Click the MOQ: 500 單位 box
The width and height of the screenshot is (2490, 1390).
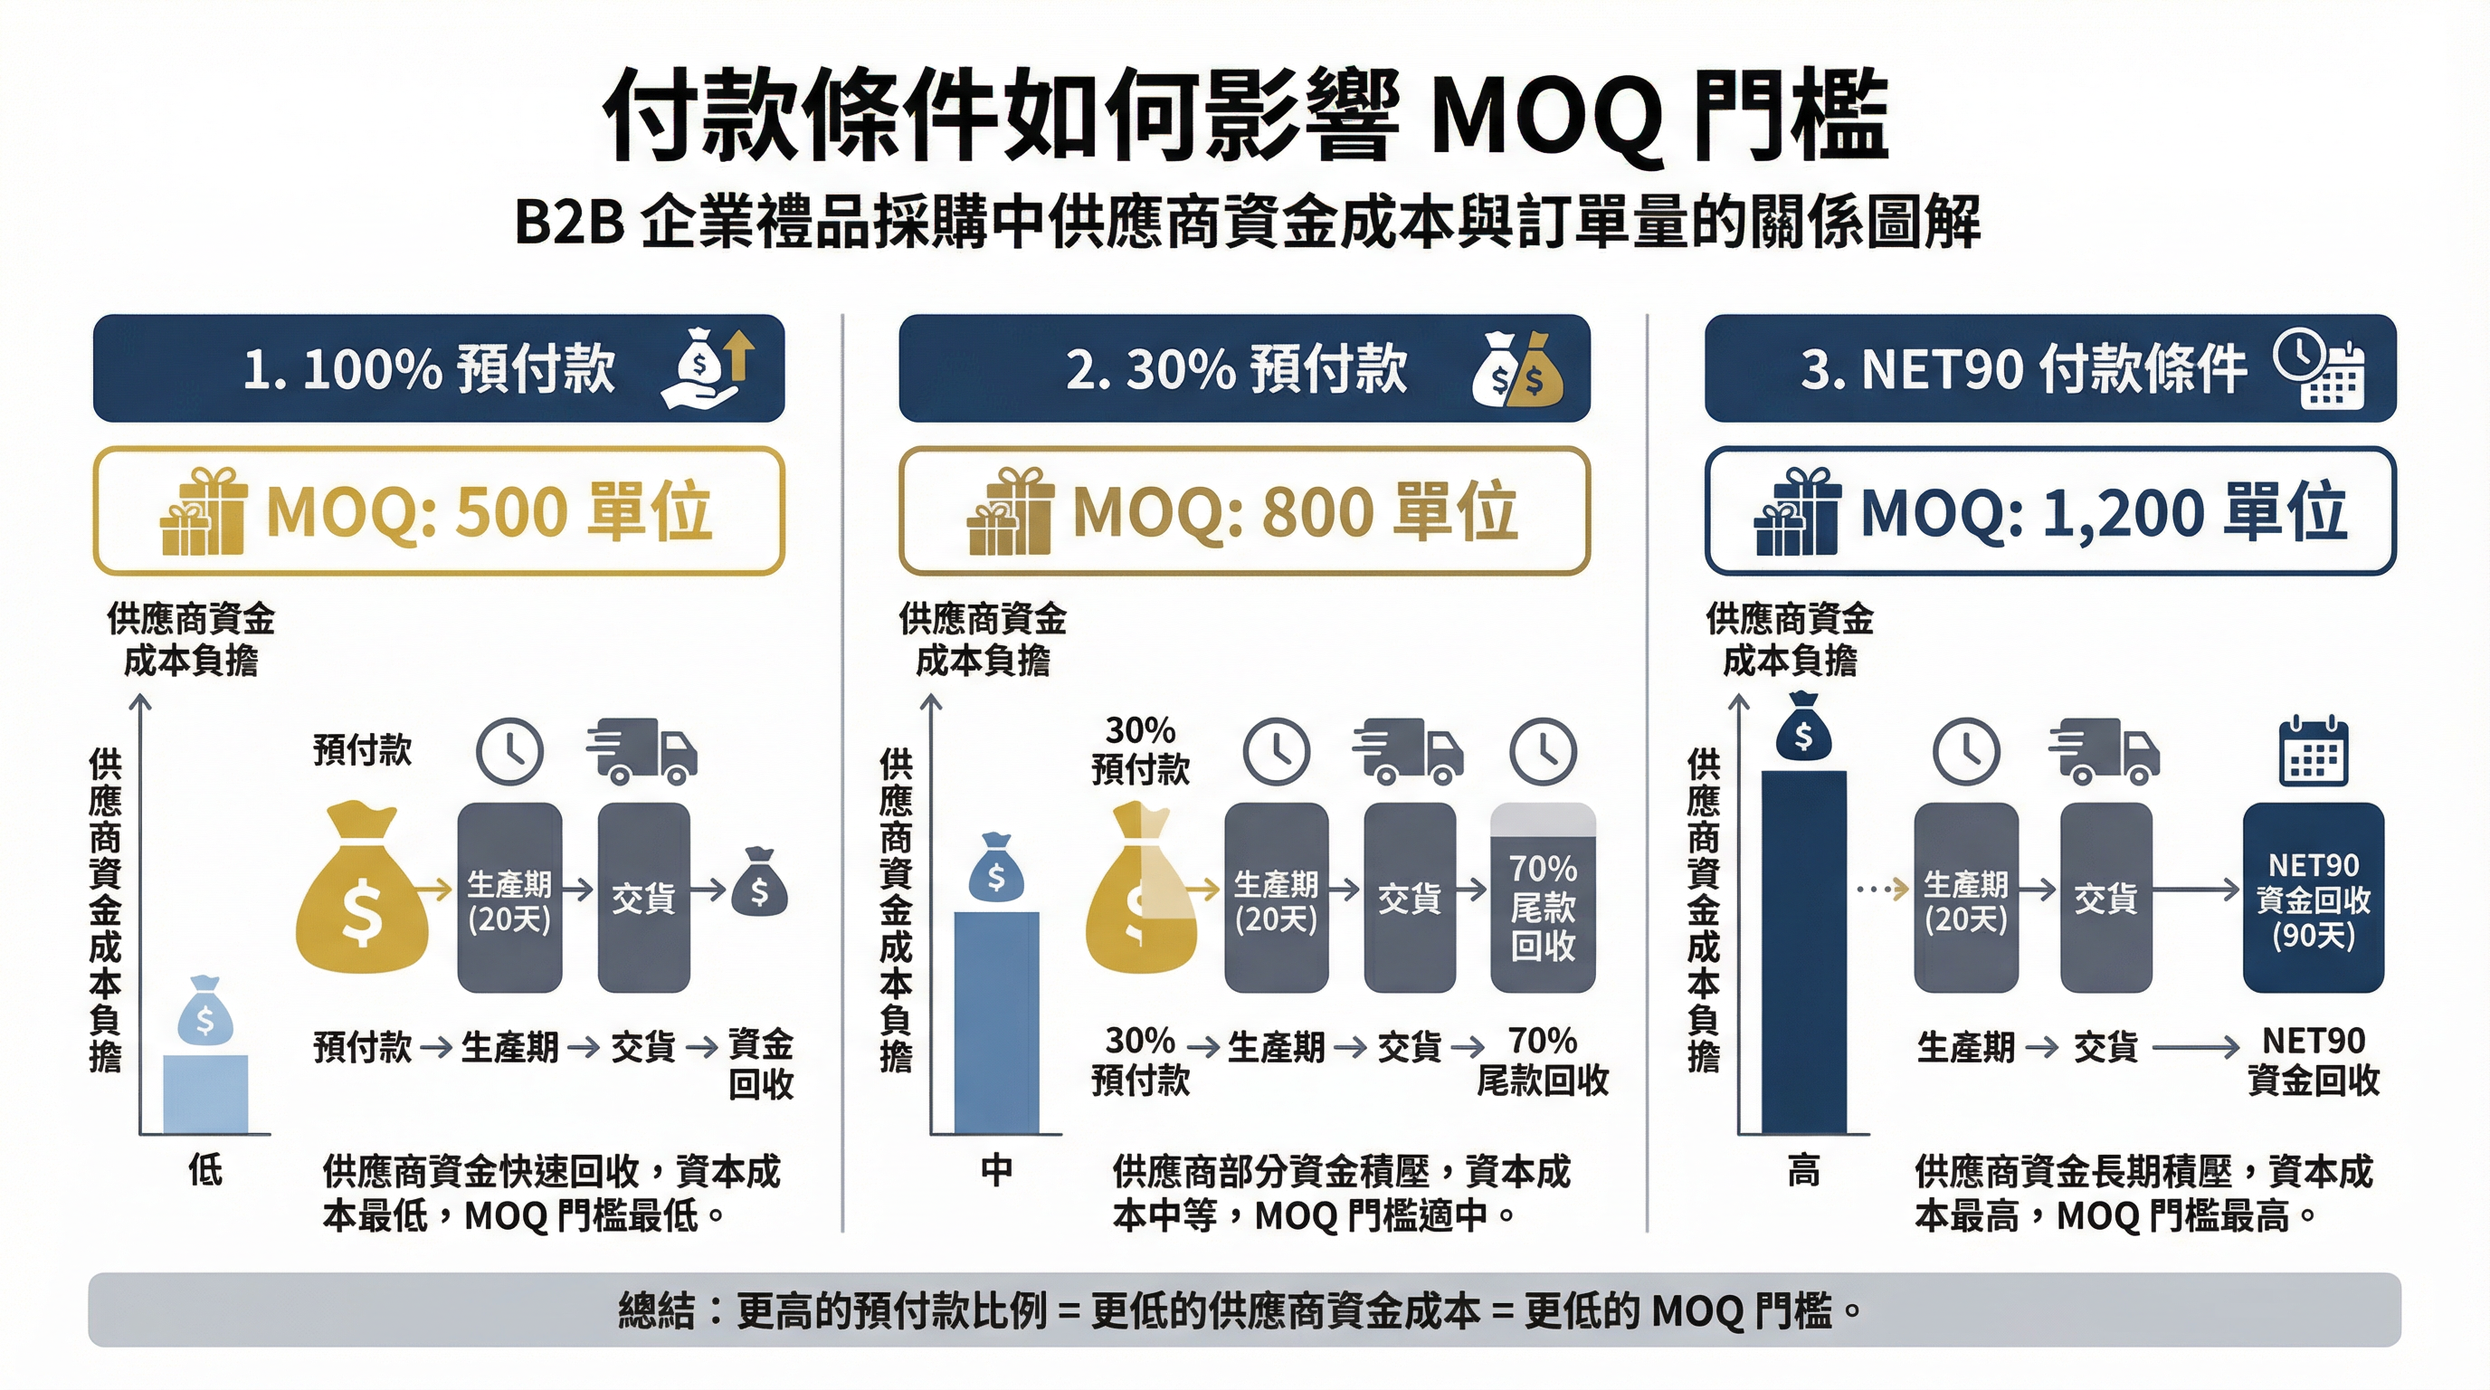(438, 510)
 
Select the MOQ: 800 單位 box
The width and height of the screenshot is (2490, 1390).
(1244, 510)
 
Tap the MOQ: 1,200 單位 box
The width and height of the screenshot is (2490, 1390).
(2049, 510)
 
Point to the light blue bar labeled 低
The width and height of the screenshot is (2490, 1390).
(204, 1093)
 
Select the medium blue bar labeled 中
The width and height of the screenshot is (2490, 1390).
(995, 1022)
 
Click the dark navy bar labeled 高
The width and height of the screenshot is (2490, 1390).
(1802, 951)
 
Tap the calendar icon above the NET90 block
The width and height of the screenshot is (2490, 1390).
(2312, 751)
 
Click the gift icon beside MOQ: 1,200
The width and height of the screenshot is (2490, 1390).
(1796, 511)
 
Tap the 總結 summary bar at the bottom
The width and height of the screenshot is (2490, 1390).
(1244, 1309)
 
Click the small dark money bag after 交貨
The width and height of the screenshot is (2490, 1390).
(759, 882)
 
